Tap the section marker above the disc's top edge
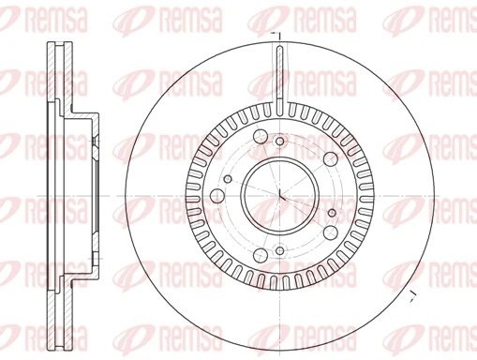(276, 36)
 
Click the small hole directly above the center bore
(279, 142)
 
